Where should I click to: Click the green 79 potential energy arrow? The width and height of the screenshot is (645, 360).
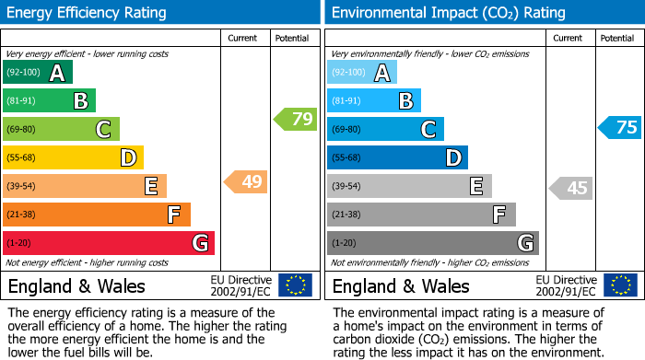295,119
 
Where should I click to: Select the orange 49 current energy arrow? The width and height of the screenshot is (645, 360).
246,181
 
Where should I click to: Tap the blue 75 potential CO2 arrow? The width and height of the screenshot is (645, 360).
620,127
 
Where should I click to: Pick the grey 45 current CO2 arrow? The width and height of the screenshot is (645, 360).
570,188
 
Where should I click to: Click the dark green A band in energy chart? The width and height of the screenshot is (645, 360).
37,73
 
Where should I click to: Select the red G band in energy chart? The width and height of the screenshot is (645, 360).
109,243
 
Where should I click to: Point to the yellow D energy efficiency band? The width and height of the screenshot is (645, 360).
73,157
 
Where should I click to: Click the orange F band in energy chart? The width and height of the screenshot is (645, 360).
97,215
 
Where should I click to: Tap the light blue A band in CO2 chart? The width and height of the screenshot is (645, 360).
362,73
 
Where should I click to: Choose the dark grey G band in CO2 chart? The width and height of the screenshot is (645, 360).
432,243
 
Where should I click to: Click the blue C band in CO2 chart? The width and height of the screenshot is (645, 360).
385,129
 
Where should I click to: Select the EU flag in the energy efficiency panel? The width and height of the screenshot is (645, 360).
295,285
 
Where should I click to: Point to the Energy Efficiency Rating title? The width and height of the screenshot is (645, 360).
88,13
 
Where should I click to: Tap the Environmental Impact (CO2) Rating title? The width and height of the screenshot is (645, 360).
448,13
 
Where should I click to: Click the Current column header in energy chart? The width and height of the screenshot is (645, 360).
243,38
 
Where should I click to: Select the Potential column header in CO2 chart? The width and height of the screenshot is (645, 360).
617,38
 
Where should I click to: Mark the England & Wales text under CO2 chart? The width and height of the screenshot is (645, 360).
400,285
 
